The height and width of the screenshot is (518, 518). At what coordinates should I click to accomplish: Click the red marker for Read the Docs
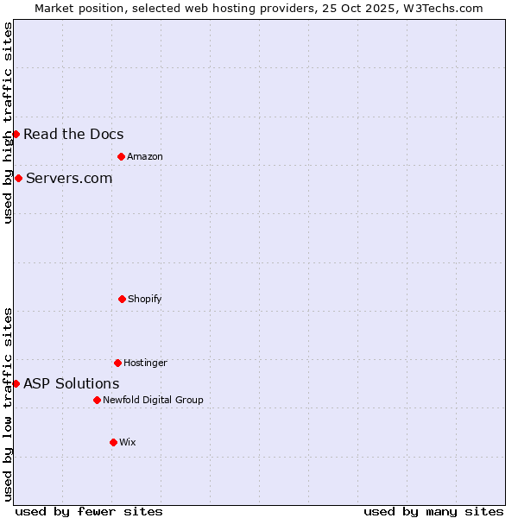coord(16,134)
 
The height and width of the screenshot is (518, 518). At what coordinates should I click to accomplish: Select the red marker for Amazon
coord(121,156)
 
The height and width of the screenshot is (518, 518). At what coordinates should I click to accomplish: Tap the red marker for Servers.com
coord(18,178)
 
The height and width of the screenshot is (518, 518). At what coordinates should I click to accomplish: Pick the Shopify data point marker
coord(122,299)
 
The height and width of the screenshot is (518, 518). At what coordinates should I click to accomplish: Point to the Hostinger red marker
coord(117,363)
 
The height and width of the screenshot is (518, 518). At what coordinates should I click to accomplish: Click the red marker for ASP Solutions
coord(16,383)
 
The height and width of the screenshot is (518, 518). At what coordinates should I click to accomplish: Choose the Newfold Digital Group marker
coord(97,400)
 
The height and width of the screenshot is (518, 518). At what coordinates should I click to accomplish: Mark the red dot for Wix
coord(113,442)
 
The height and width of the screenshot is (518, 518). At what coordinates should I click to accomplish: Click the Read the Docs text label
coord(73,134)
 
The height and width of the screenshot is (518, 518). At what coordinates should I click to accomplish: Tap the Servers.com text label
coord(69,178)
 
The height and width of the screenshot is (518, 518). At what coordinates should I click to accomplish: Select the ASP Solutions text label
coord(72,383)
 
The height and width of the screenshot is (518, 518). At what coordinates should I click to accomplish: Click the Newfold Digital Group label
coord(153,400)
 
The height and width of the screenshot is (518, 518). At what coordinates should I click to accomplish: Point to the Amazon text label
coord(144,156)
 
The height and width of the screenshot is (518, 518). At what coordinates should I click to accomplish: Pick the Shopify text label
coord(144,299)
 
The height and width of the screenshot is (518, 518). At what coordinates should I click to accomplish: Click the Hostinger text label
coord(145,363)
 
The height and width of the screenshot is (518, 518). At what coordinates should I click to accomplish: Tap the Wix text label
coord(127,442)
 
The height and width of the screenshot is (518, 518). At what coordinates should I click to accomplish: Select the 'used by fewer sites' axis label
coord(89,511)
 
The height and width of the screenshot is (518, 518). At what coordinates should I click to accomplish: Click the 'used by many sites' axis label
coord(433,511)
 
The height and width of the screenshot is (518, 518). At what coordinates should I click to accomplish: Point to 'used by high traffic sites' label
coord(8,123)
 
